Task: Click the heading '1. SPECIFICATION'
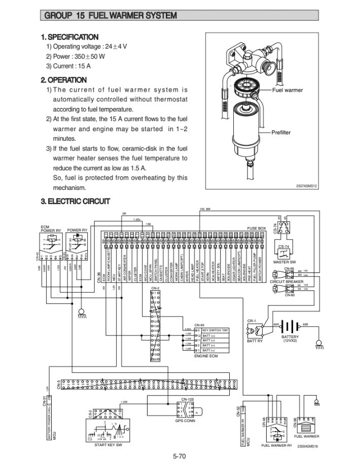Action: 69,37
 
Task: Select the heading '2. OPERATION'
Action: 63,80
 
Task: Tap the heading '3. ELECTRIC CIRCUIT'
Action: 75,202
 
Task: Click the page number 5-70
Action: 180,457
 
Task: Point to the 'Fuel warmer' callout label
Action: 287,90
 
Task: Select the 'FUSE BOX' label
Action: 256,228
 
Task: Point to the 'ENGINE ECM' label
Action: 205,356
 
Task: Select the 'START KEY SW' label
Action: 108,445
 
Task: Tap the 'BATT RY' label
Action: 254,341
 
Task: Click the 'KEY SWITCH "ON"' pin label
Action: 215,330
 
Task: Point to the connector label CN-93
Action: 199,325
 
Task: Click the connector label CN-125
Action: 187,400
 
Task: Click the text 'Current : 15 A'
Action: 68,66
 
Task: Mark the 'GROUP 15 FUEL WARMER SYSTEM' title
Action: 111,16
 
